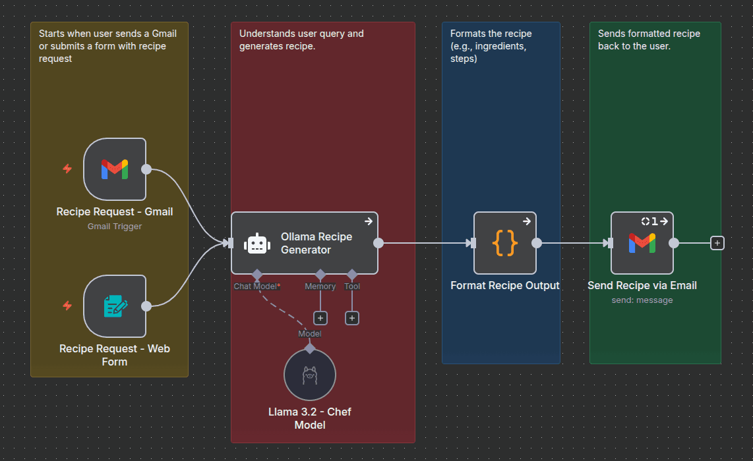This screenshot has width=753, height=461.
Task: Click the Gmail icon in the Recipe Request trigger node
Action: (x=115, y=169)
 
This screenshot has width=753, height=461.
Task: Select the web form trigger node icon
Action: (x=115, y=306)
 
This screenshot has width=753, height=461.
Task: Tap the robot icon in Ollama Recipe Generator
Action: (x=257, y=244)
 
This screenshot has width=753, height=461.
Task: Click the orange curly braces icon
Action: (x=505, y=243)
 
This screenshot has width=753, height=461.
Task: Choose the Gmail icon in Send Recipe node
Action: (x=642, y=243)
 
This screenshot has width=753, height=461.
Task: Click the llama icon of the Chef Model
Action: (x=310, y=375)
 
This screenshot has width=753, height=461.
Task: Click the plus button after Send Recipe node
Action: (x=717, y=243)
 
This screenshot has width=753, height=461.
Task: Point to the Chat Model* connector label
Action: (x=257, y=286)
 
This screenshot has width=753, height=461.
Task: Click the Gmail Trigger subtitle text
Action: (x=115, y=227)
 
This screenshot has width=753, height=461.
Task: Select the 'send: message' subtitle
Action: (x=642, y=300)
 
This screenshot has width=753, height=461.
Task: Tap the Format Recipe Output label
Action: (x=505, y=286)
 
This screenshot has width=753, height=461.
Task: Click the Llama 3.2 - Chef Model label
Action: (x=310, y=418)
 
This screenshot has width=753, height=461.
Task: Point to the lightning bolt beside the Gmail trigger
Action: (x=67, y=169)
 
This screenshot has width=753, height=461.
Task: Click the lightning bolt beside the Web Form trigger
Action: (x=67, y=306)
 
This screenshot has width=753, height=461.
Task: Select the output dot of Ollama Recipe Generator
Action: (x=378, y=243)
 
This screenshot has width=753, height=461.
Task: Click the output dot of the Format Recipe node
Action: (x=537, y=243)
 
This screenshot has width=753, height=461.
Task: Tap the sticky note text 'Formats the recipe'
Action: (x=491, y=34)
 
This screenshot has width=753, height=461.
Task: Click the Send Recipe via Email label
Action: (x=642, y=286)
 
